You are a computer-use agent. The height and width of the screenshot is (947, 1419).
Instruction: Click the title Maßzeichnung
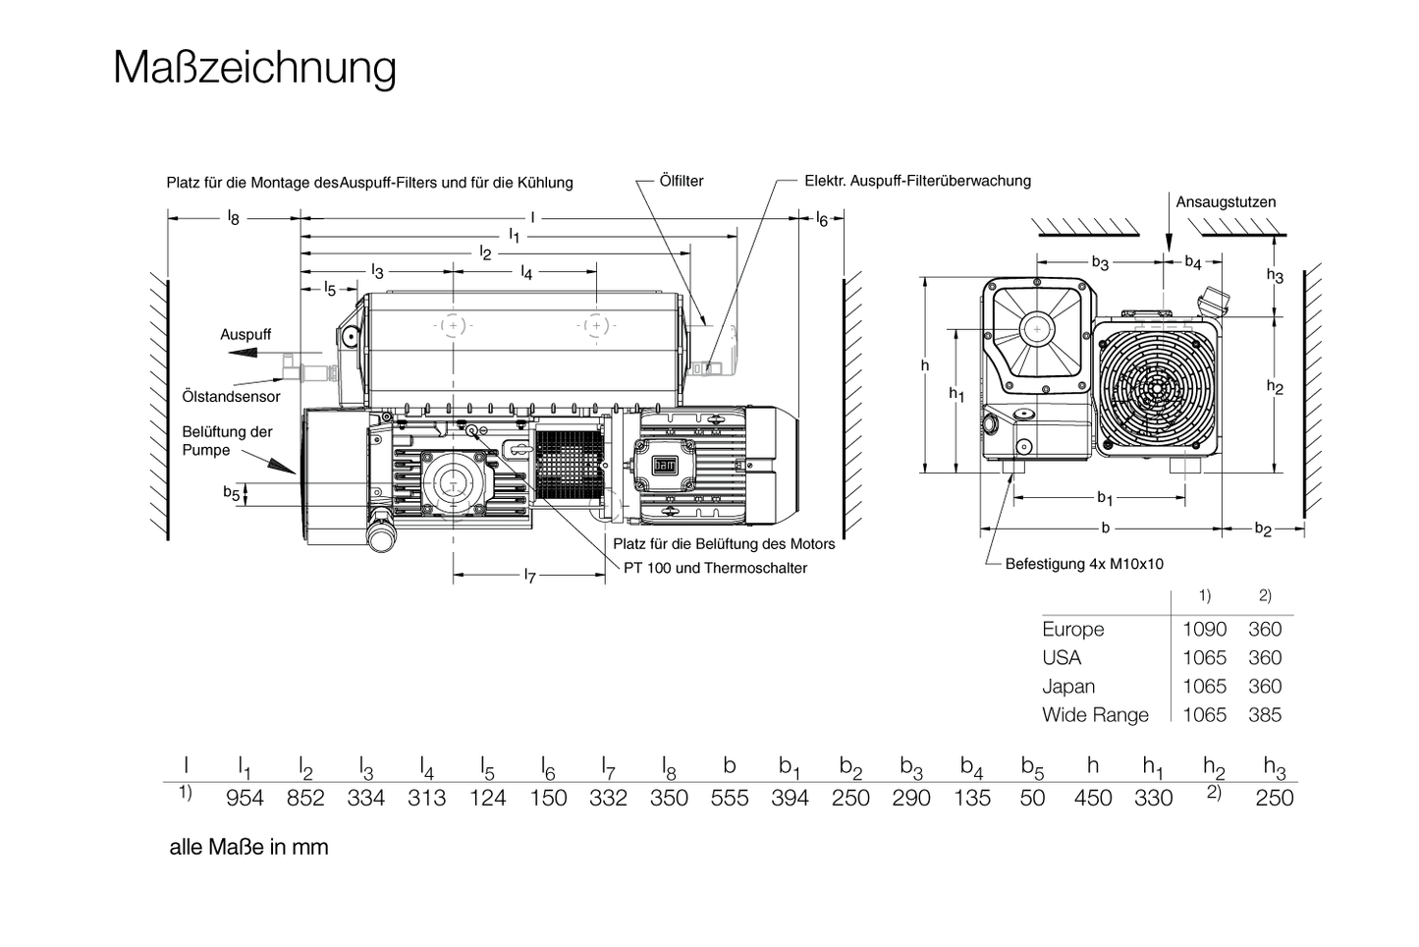tap(254, 68)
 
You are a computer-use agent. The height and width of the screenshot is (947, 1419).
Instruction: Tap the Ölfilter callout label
tap(682, 181)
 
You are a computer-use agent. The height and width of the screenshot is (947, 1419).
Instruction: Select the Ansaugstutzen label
tap(1226, 202)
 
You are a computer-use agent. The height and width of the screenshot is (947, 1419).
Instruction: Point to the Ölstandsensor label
tap(231, 397)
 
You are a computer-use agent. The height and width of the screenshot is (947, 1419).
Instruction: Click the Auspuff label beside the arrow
tap(246, 335)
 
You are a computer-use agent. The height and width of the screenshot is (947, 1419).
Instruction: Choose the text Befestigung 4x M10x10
tap(1083, 564)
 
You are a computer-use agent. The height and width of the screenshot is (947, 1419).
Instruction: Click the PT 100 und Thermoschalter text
tap(715, 568)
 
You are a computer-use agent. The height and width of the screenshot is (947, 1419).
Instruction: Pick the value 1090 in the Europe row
tap(1204, 630)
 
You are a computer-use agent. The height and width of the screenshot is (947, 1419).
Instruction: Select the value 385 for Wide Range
tap(1265, 715)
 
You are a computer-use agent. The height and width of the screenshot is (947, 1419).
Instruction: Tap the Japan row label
tap(1067, 687)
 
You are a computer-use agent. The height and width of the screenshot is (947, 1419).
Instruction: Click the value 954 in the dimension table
tap(245, 799)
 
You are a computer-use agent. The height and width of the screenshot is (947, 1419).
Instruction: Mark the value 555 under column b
tap(730, 799)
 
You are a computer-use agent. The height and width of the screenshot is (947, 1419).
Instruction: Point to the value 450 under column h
tap(1093, 799)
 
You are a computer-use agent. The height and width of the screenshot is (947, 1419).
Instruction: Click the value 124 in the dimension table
tap(487, 799)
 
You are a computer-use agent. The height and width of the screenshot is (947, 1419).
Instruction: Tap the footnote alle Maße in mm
tap(248, 847)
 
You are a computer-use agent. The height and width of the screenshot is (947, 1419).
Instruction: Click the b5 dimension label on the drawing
tap(231, 493)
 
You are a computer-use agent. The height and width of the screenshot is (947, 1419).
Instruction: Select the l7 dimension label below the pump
tap(529, 576)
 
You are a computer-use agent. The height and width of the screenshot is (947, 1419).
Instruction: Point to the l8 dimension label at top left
tap(233, 218)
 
